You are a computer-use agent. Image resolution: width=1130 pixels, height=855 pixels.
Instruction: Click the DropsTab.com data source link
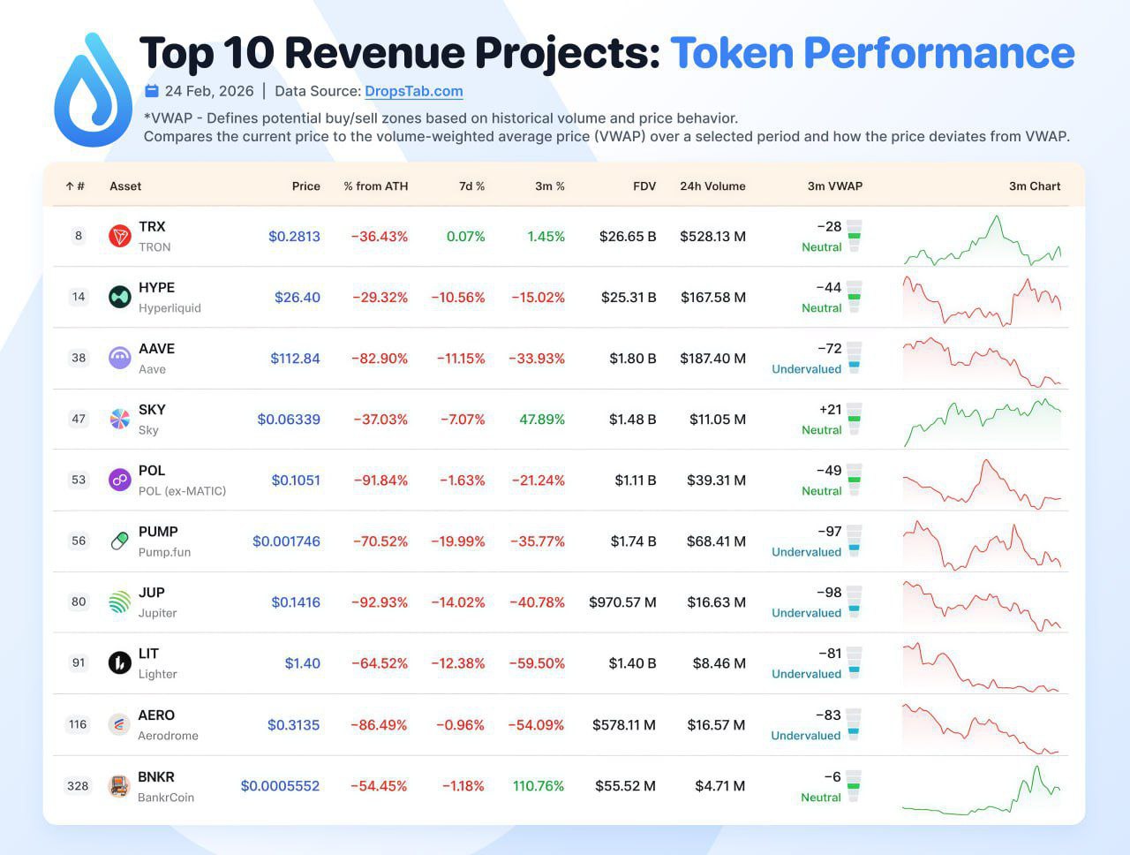pos(413,91)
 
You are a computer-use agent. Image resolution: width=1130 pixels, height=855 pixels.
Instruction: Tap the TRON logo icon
pos(120,236)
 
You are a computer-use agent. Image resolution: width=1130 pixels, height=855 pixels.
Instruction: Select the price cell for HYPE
pos(297,298)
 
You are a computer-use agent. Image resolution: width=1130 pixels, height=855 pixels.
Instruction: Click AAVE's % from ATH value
pos(380,359)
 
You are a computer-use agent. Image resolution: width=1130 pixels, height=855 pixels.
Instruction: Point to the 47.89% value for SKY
pos(541,420)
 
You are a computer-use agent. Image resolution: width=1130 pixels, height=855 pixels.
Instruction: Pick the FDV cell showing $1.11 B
pos(635,480)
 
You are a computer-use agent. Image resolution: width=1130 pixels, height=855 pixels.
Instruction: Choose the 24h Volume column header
pos(712,186)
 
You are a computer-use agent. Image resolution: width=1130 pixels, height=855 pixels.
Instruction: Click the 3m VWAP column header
pos(834,186)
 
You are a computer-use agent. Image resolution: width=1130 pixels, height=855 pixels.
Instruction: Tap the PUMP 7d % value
pos(457,541)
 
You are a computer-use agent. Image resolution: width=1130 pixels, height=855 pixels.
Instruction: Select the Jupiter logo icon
pos(120,602)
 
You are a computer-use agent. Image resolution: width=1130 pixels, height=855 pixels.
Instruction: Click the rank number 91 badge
pos(79,663)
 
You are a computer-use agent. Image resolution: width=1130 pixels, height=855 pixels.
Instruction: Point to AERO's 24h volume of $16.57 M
pos(716,725)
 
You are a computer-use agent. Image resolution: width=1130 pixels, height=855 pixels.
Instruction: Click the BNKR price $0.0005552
pos(280,786)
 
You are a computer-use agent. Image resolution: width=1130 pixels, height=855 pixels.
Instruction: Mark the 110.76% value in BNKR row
pos(538,786)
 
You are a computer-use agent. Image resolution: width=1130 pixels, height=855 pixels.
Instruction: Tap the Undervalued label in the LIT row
pos(806,674)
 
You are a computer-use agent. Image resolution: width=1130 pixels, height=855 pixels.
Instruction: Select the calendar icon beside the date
pos(152,91)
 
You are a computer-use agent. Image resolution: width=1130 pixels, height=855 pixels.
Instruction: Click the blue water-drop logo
pos(93,90)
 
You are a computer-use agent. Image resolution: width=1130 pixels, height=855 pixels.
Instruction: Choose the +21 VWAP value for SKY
pos(830,410)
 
